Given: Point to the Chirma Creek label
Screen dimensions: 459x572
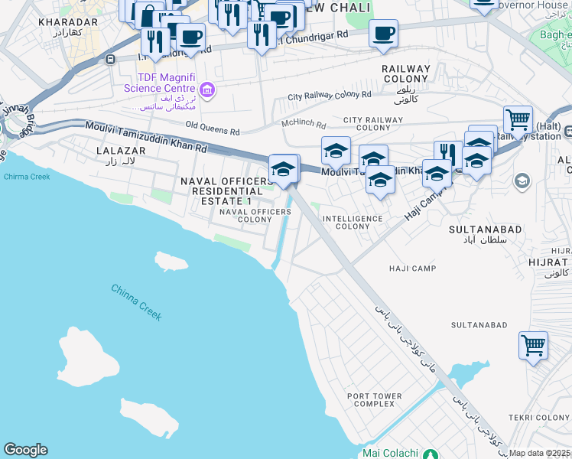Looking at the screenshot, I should [x=27, y=177].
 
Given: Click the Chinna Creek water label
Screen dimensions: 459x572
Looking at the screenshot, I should [x=136, y=301].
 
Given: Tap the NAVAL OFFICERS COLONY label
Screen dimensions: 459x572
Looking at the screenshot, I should [x=245, y=215].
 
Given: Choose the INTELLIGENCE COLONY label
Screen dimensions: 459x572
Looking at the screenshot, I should [x=353, y=223].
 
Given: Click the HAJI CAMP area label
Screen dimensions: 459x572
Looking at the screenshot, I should [x=412, y=269].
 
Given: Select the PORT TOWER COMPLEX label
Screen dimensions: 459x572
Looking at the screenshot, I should [x=374, y=399].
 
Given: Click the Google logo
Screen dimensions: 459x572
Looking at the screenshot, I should [x=25, y=450].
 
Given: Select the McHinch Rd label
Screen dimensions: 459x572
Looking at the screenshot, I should [x=304, y=125].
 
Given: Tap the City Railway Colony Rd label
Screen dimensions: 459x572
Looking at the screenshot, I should [x=330, y=96].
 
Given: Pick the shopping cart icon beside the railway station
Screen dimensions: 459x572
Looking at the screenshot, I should [x=518, y=119].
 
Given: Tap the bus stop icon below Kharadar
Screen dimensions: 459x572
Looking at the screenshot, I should [x=111, y=59].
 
